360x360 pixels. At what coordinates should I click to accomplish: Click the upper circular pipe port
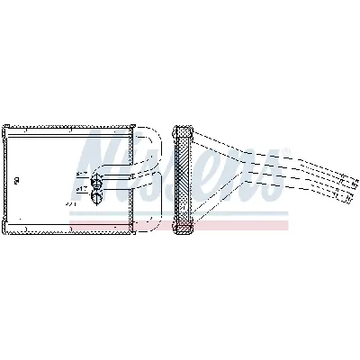98,175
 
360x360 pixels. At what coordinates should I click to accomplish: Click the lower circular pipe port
98,188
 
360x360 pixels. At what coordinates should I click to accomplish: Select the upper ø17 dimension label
81,174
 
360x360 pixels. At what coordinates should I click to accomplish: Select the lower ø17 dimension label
81,188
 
